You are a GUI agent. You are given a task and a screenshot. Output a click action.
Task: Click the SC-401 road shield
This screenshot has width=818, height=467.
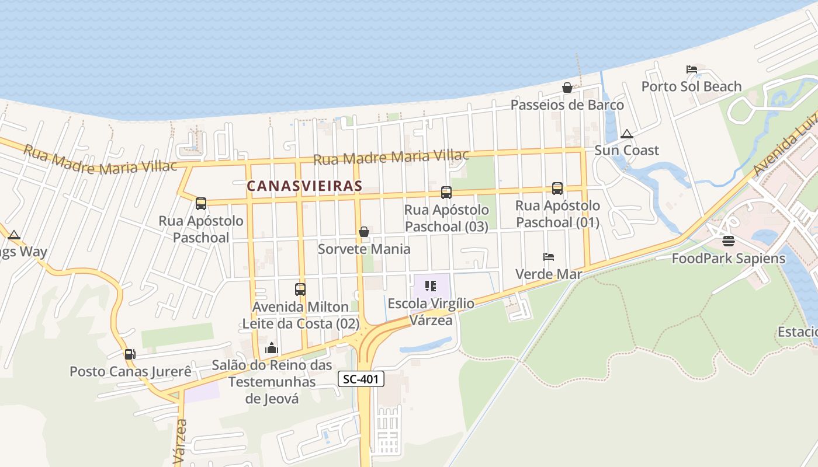pos(361,379)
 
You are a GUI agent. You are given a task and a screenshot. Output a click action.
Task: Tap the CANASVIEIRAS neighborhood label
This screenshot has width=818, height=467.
pos(304,186)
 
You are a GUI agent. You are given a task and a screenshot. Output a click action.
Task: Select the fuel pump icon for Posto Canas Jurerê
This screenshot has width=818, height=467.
pos(130,354)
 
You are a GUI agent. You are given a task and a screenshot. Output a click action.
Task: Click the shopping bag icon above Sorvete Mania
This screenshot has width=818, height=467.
pos(364,232)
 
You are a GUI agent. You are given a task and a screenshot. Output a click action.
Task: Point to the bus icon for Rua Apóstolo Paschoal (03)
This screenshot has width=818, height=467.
pos(446,192)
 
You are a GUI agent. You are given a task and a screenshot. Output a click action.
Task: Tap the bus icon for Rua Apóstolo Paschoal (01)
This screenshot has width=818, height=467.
pos(557,188)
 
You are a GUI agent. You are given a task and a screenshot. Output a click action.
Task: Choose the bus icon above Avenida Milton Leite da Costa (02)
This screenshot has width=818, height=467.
pos(300,289)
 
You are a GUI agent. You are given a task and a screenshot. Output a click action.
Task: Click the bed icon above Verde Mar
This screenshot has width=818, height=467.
pos(548,256)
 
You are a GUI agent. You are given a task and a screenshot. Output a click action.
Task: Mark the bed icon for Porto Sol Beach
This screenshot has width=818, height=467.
pos(692,69)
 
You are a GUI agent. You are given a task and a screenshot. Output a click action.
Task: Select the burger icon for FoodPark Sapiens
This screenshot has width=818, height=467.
pos(728,241)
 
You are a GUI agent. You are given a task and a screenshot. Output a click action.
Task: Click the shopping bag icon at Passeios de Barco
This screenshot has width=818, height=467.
pos(567,88)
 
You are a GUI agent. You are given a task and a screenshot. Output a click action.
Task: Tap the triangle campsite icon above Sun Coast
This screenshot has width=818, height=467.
pos(627,133)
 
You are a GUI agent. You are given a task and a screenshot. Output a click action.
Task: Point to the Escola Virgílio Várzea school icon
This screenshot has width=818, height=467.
pos(431,286)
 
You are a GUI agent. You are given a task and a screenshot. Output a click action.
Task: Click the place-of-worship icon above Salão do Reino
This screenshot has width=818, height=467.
pos(272,348)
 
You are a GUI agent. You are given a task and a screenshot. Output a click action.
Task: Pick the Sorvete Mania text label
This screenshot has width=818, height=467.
pos(364,249)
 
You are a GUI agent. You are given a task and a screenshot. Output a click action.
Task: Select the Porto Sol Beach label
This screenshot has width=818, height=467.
pos(691,86)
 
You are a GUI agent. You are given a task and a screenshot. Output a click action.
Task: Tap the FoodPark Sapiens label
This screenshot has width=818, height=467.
pos(728,258)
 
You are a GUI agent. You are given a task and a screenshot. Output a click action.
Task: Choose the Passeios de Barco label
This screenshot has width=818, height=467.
pos(567,105)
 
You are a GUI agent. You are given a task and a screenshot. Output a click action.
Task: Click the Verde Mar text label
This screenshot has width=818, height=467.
pos(549,274)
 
